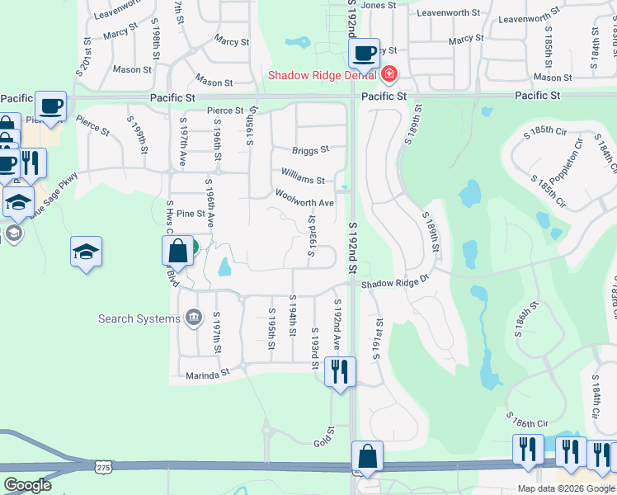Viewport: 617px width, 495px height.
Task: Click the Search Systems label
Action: (x=139, y=318)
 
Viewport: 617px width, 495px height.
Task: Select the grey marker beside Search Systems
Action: (x=194, y=316)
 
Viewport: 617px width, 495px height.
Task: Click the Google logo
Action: (x=27, y=485)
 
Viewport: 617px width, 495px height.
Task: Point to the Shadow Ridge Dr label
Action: (x=396, y=281)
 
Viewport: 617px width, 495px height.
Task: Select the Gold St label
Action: (x=323, y=437)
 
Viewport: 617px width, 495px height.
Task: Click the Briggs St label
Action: (x=310, y=150)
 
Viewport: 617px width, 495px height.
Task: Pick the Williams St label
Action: (x=303, y=175)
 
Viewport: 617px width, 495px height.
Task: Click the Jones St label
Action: (x=379, y=5)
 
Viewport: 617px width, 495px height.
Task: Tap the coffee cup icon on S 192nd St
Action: (x=364, y=54)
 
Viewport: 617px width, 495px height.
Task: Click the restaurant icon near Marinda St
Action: (x=339, y=371)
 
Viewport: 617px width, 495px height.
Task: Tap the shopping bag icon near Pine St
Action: (x=177, y=250)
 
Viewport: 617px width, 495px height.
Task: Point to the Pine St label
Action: (x=190, y=214)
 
